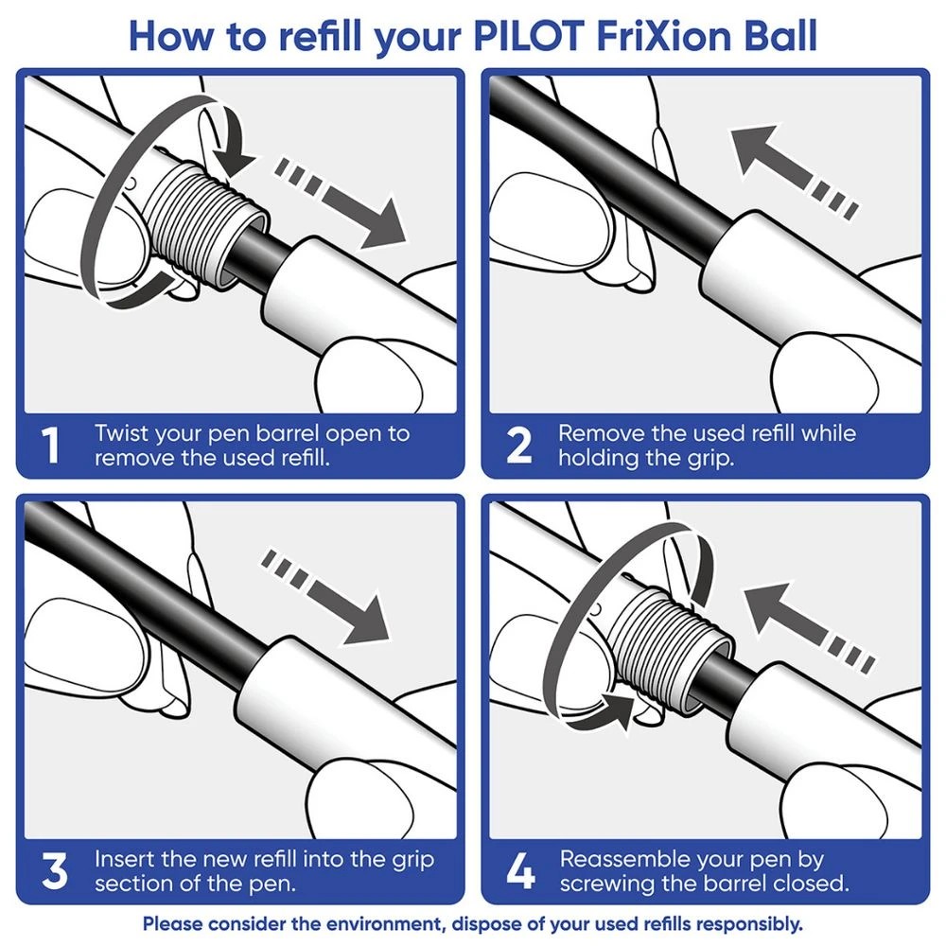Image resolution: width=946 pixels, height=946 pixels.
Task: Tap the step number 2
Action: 518,446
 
